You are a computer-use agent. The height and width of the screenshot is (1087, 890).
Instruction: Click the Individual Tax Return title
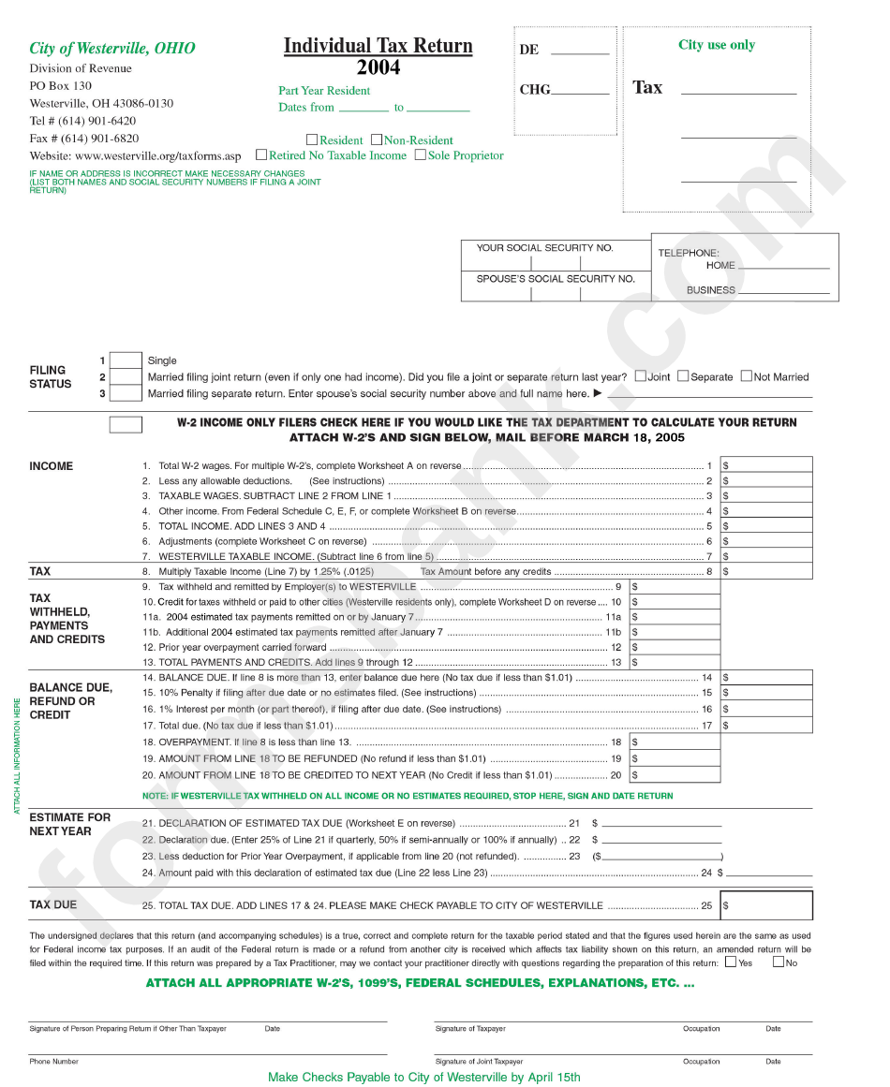tap(378, 46)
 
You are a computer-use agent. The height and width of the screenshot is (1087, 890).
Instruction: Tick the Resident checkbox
tap(312, 140)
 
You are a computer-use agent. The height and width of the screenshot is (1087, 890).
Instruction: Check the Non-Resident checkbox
tap(377, 140)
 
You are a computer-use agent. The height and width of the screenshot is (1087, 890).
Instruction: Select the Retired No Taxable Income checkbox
tap(261, 155)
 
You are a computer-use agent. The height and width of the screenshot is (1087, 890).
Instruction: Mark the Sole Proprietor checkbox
tap(421, 155)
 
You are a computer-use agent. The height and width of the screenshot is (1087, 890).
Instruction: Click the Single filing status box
tap(126, 360)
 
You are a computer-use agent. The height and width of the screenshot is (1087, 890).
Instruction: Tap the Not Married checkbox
tap(747, 376)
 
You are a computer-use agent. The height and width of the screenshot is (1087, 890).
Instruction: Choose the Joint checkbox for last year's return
tap(641, 376)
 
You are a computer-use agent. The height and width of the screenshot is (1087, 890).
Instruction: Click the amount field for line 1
tap(765, 464)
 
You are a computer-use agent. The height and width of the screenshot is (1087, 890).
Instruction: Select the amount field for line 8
tap(765, 570)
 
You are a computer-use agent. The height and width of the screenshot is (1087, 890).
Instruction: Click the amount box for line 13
tap(675, 662)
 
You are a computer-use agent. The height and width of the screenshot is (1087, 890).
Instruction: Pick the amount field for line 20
tap(675, 775)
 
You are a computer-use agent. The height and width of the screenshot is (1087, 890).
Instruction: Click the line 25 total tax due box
tap(765, 905)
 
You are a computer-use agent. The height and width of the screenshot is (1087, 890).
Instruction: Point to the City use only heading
tap(717, 45)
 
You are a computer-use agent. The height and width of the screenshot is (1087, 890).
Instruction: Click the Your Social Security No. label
tap(544, 248)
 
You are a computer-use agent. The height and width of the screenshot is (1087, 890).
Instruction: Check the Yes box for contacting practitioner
tap(731, 962)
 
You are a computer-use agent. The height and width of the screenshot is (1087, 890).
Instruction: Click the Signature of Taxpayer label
tap(470, 1029)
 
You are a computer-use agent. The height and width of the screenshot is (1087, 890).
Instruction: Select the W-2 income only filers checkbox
tap(126, 424)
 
